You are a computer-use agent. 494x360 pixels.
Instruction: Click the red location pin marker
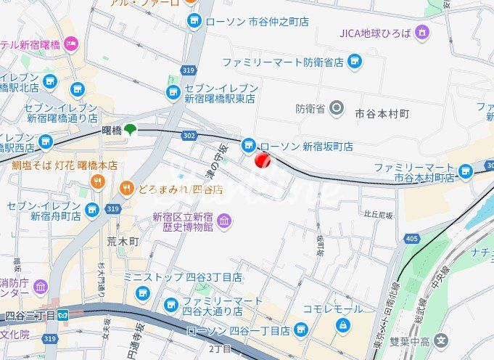point(263,160)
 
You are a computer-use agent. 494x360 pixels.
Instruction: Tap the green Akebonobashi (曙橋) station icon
point(130,130)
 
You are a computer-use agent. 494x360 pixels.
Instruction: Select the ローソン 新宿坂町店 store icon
point(248,146)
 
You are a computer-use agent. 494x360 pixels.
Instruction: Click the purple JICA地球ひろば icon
point(422,33)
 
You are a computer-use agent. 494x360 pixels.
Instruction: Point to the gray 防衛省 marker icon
point(336,110)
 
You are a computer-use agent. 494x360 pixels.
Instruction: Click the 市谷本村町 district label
point(382,114)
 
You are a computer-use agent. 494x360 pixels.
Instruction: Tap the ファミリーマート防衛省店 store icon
point(355,62)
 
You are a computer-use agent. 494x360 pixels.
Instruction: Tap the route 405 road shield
point(412,238)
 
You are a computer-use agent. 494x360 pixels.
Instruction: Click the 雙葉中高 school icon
point(442,340)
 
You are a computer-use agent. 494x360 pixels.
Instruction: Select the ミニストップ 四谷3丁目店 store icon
point(141,292)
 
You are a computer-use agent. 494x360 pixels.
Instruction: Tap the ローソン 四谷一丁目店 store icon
point(300,331)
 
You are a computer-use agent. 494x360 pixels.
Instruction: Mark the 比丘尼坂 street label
point(378,215)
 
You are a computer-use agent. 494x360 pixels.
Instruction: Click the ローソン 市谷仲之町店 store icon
point(194,22)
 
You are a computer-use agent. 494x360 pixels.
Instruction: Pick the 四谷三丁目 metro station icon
point(64,316)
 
